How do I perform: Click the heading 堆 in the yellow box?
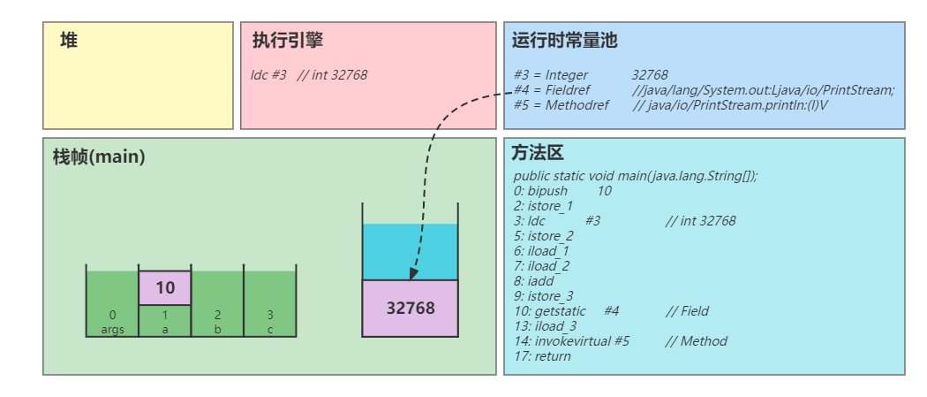point(69,41)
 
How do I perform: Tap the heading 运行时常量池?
point(564,41)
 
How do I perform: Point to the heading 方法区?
point(538,153)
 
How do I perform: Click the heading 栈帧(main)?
point(99,157)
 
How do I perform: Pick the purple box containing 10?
point(165,287)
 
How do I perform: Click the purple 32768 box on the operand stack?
point(411,309)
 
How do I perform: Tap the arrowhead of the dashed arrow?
point(413,274)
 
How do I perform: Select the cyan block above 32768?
point(411,252)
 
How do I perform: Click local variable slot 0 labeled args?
point(112,305)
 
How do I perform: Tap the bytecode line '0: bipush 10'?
point(561,191)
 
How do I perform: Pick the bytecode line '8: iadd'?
point(533,281)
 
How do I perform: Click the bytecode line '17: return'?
point(541,356)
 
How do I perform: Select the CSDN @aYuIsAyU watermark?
point(865,381)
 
